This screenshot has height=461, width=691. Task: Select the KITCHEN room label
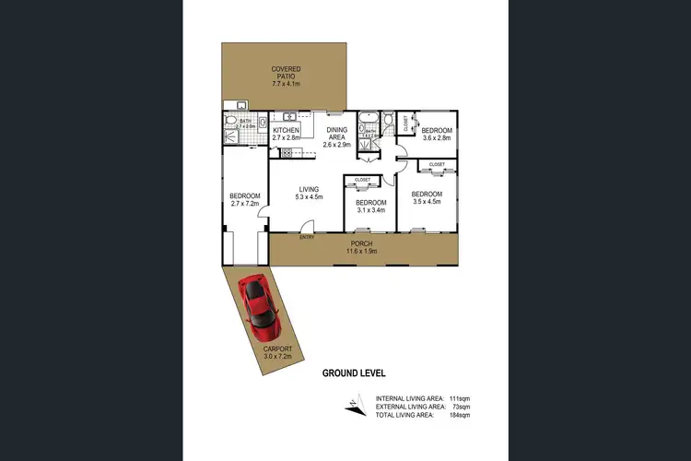point(287,135)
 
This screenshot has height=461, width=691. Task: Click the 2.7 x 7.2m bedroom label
point(245,200)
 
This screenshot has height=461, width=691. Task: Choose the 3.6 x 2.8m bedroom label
point(436,135)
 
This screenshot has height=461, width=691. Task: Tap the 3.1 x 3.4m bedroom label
point(369,206)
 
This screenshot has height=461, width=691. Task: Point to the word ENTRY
point(307,237)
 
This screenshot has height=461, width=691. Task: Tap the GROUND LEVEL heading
point(354,373)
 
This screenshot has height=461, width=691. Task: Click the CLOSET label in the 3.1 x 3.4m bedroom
point(362,180)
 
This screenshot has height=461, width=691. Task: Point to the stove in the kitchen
point(261,123)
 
